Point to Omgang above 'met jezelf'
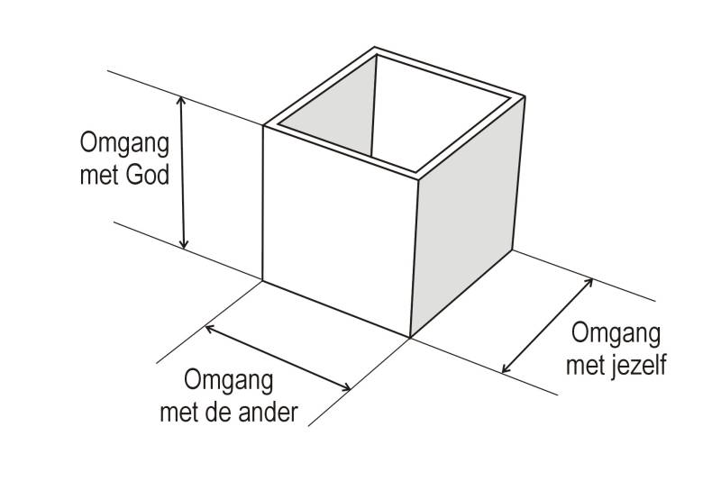pos(616,335)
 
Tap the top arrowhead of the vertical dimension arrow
pos(183,102)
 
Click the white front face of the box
pos(338,234)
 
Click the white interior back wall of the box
pos(433,117)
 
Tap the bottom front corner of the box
pos(410,337)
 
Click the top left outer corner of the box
pos(263,125)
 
